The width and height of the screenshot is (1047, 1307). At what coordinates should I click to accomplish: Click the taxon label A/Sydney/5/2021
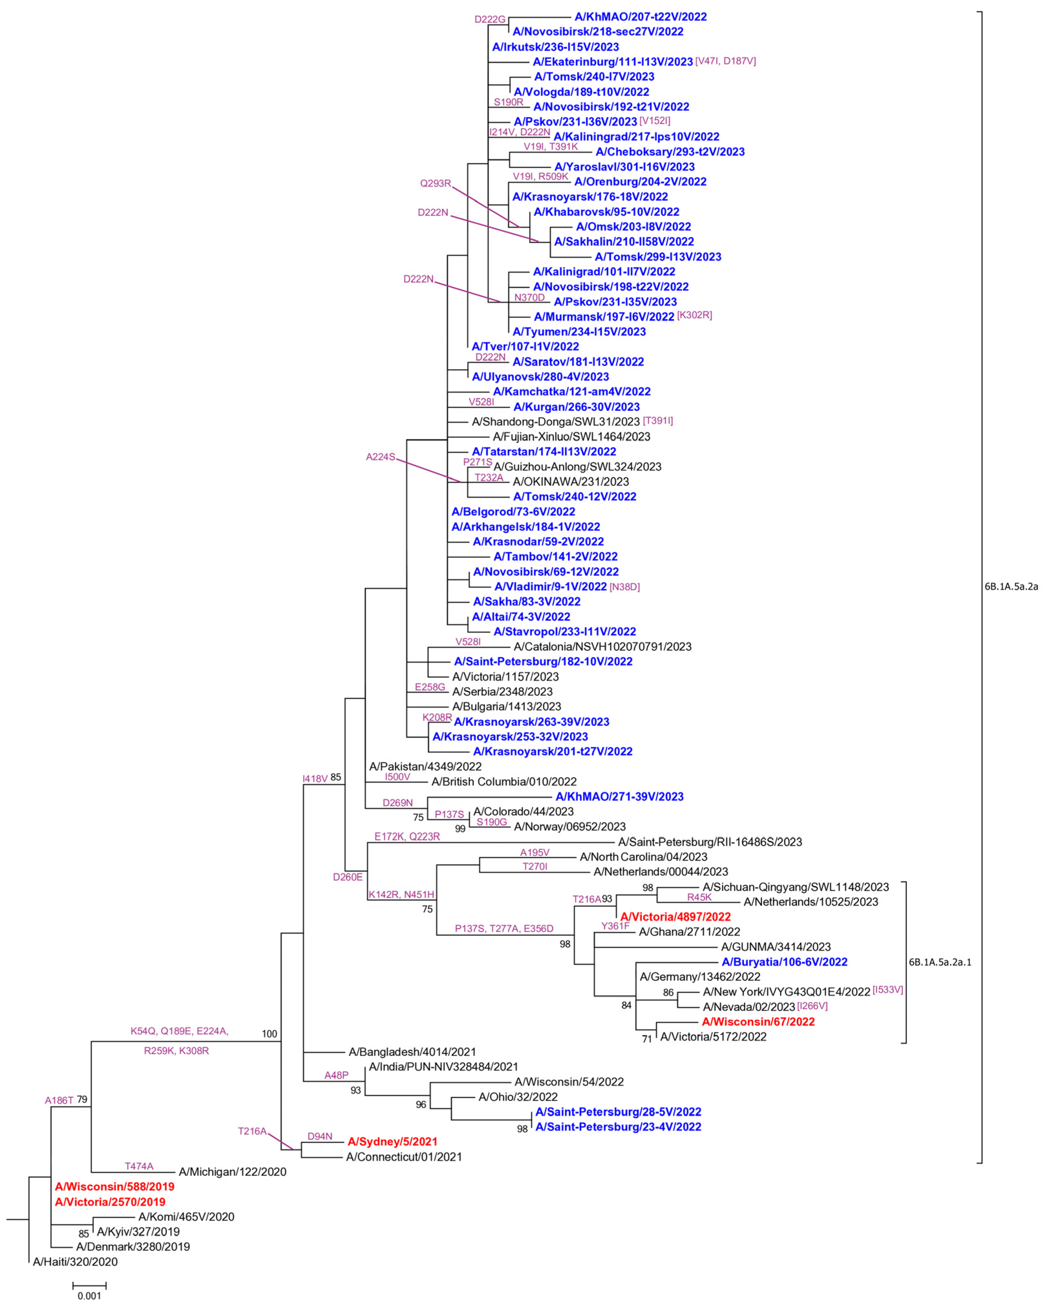392,1141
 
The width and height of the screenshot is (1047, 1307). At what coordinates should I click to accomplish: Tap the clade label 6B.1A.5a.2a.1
940,962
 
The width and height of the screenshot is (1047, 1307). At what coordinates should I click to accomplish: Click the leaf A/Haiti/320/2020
75,1261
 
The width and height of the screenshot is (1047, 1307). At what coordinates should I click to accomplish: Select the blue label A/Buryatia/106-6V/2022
784,962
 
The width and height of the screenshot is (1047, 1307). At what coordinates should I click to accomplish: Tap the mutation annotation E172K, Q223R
407,837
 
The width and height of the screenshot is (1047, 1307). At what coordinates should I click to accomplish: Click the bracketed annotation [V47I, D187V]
725,61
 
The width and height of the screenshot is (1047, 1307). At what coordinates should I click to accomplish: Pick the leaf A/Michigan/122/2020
232,1172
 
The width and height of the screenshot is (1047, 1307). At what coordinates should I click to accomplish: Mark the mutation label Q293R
436,183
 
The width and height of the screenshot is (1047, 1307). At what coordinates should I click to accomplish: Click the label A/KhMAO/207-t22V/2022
640,17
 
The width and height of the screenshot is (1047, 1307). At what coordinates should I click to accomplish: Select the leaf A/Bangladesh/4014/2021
412,1052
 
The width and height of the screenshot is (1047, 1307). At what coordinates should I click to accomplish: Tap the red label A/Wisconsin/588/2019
114,1186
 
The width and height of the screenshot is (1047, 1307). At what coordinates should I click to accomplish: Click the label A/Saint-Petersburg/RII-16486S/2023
709,842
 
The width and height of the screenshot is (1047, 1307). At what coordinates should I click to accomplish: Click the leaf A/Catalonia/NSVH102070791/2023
602,647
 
